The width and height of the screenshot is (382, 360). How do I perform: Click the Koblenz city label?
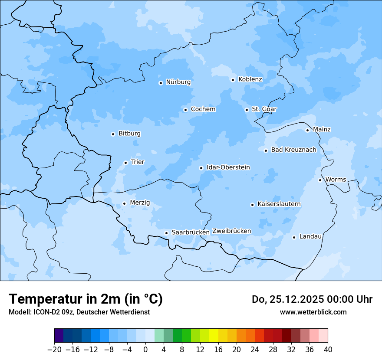pos(250,79)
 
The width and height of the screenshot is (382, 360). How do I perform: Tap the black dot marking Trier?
pos(125,163)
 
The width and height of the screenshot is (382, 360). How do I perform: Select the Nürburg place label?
pos(178,82)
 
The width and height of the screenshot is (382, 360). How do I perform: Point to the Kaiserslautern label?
pos(279,204)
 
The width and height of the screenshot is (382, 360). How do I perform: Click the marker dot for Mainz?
pos(307,130)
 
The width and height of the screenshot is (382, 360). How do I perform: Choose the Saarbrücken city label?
pos(190,232)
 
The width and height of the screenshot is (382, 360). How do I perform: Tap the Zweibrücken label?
pos(231,231)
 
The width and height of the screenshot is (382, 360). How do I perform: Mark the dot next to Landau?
pos(294,237)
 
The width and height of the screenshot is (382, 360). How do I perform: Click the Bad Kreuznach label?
pos(293,150)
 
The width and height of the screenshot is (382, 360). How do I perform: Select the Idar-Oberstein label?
pos(228,167)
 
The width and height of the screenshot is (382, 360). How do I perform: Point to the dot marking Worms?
pos(320,180)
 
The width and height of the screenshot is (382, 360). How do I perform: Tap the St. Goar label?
pos(264,109)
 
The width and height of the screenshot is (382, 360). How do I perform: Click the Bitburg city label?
pos(129,134)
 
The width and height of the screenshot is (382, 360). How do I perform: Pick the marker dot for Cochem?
pos(185,110)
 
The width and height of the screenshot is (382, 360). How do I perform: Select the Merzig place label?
pos(140,203)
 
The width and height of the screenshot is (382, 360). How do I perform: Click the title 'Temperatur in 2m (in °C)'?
pos(86,299)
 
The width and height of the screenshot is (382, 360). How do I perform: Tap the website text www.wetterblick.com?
pos(313,312)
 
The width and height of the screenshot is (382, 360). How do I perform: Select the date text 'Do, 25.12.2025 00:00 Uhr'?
pos(312,299)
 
